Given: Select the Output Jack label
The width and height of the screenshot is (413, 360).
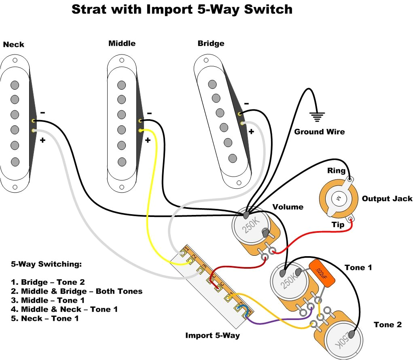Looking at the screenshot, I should tap(387, 198).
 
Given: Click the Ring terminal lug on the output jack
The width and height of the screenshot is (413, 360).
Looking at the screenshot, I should tap(350, 178).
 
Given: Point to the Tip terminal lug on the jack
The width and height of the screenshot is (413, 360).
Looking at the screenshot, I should tap(351, 219).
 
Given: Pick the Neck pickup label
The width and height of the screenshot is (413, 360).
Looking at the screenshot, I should tap(14, 44).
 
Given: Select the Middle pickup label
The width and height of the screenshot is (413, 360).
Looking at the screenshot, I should tap(122, 43).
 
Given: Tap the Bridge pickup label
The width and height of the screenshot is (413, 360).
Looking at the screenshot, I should tap(211, 43).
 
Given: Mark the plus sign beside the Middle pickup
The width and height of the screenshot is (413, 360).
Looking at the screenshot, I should tap(148, 140).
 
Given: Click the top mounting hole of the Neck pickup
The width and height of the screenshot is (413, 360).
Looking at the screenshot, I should tap(15, 60).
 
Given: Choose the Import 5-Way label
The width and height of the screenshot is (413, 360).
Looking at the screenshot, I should tap(212, 335).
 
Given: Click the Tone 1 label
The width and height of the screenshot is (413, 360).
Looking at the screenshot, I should tap(358, 267).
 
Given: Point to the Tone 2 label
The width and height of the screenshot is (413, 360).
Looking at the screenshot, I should tap(388, 324).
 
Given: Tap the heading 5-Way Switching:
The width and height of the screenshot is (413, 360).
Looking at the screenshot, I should tap(46, 264).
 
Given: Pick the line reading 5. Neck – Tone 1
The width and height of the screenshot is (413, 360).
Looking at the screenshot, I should tap(44, 318).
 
